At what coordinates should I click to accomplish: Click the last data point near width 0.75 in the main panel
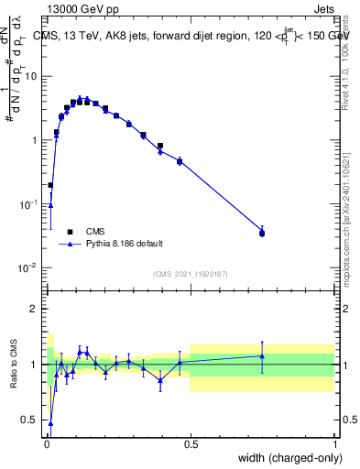262,234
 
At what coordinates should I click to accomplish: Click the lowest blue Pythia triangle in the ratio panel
50,423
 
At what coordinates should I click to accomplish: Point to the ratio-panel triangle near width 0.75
262,356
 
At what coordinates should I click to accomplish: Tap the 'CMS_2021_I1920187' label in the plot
190,274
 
